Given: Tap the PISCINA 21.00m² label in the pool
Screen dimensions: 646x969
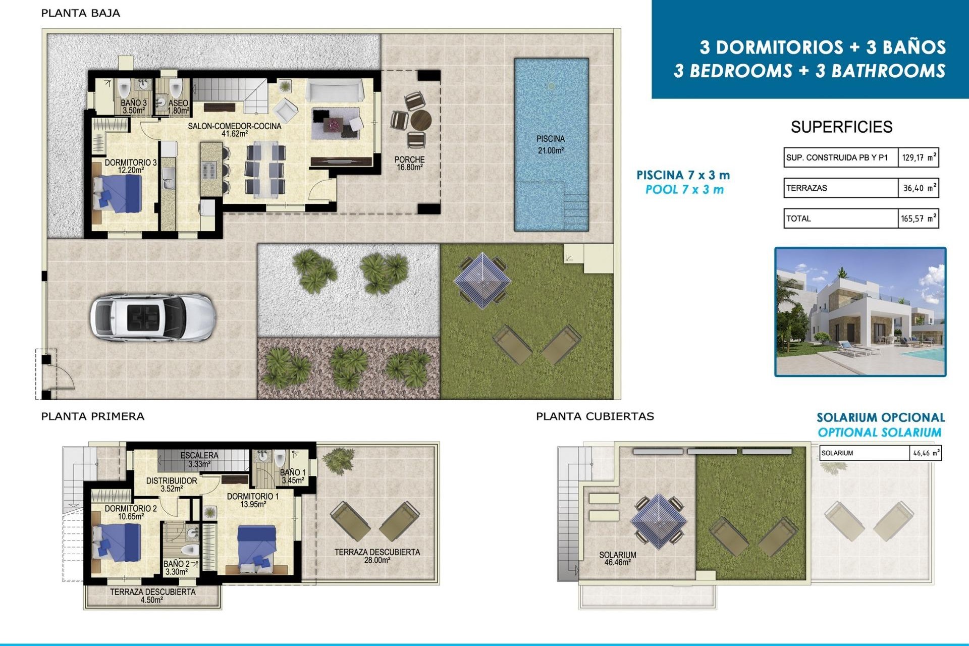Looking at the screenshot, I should click(550, 144).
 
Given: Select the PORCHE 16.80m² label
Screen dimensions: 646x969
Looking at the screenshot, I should click(409, 163).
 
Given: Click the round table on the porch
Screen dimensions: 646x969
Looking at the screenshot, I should click(420, 121).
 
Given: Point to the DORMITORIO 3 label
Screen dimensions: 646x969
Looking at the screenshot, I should click(131, 166).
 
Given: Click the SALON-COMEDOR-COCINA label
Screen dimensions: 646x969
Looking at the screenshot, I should click(234, 129).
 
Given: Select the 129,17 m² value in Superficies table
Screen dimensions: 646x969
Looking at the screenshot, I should click(918, 157).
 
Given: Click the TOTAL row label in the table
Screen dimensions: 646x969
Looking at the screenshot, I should click(798, 219).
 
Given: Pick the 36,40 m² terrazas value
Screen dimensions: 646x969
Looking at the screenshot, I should click(918, 188).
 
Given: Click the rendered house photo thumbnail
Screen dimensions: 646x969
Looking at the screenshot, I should click(860, 312).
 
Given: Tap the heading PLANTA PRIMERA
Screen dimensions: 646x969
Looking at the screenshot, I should click(93, 416).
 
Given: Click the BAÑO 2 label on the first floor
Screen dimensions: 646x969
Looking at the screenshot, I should click(177, 568).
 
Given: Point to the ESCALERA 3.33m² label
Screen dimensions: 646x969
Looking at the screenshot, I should click(199, 459).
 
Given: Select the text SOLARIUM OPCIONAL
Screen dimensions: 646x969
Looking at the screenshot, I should click(880, 417).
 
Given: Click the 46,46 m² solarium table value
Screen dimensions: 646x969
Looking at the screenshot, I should click(926, 453).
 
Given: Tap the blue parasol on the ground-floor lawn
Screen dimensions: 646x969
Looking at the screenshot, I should click(482, 281).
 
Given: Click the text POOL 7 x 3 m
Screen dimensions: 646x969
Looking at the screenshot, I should click(684, 190).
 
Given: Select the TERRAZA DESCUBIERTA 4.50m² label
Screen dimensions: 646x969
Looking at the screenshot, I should click(152, 596).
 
